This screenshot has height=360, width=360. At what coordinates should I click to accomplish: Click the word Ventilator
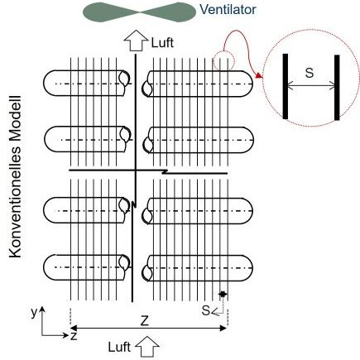click(228, 10)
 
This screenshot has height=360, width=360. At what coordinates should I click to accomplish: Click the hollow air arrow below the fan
click(136, 41)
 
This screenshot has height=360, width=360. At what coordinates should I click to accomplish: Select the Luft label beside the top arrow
click(162, 43)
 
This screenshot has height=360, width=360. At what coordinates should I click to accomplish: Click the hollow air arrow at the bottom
click(147, 346)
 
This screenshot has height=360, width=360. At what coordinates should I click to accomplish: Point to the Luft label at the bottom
click(119, 347)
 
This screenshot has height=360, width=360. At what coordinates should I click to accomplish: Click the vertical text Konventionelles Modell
click(15, 177)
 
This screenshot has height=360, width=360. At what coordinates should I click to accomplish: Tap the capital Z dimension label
click(145, 321)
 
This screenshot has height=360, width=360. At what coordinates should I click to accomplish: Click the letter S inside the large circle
click(310, 73)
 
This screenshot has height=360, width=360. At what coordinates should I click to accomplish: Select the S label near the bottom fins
click(206, 310)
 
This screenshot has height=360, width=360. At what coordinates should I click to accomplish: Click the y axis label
click(34, 313)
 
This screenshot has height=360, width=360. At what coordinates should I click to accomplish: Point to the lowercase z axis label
click(74, 336)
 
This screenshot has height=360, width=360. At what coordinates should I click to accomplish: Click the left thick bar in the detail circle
click(286, 86)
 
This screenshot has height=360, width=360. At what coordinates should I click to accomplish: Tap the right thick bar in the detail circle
click(337, 88)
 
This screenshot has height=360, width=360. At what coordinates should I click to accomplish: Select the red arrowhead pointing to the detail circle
click(259, 75)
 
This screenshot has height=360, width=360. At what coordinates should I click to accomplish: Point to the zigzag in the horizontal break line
click(165, 171)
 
